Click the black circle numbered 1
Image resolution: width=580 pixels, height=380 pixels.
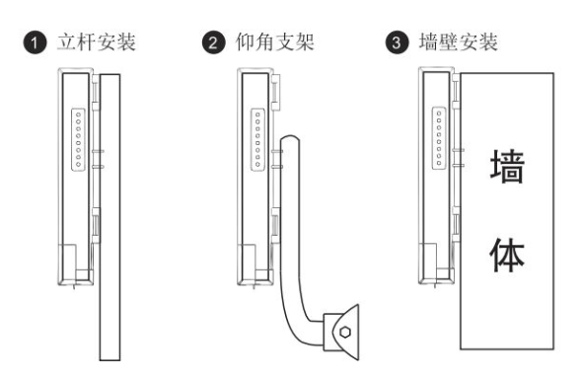[36, 42]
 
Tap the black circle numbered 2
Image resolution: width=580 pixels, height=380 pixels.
[213, 42]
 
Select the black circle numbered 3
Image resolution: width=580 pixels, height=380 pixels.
[397, 42]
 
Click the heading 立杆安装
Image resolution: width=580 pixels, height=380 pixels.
[97, 41]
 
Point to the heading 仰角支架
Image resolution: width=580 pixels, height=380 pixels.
[275, 41]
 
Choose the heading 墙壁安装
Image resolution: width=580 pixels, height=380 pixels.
[459, 41]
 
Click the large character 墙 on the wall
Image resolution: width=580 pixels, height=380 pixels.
[507, 166]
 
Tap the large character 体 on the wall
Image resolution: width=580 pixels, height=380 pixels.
[507, 255]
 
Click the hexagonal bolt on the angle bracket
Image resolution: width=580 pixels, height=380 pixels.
[345, 332]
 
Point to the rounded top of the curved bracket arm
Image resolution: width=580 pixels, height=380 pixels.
[290, 137]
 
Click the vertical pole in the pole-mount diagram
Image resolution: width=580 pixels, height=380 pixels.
[109, 217]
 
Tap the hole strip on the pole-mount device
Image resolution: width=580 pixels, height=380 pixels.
[78, 139]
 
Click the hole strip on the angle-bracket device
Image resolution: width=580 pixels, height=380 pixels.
[257, 139]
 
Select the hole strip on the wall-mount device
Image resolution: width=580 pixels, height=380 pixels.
[439, 137]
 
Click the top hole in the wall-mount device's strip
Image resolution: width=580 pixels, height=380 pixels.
[439, 114]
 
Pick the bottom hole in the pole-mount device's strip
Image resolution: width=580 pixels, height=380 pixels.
[79, 164]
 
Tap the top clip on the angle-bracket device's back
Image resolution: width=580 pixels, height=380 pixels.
[275, 93]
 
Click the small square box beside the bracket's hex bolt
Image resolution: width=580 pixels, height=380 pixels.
[328, 332]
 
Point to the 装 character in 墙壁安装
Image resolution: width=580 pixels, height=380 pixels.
[488, 41]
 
